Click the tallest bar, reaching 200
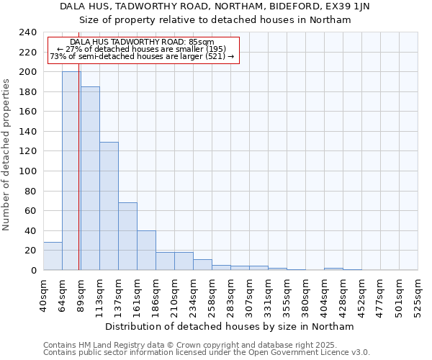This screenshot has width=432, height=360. pos(71,171)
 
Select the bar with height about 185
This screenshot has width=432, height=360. pos(90,179)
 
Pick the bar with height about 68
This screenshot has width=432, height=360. pos(127,236)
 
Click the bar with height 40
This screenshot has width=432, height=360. pos(146,250)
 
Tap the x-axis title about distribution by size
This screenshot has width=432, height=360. pos(230,326)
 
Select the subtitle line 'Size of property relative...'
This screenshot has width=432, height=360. pos(216,20)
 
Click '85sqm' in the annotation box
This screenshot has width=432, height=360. pos(202,42)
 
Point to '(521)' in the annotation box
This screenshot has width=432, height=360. pos(215,56)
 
